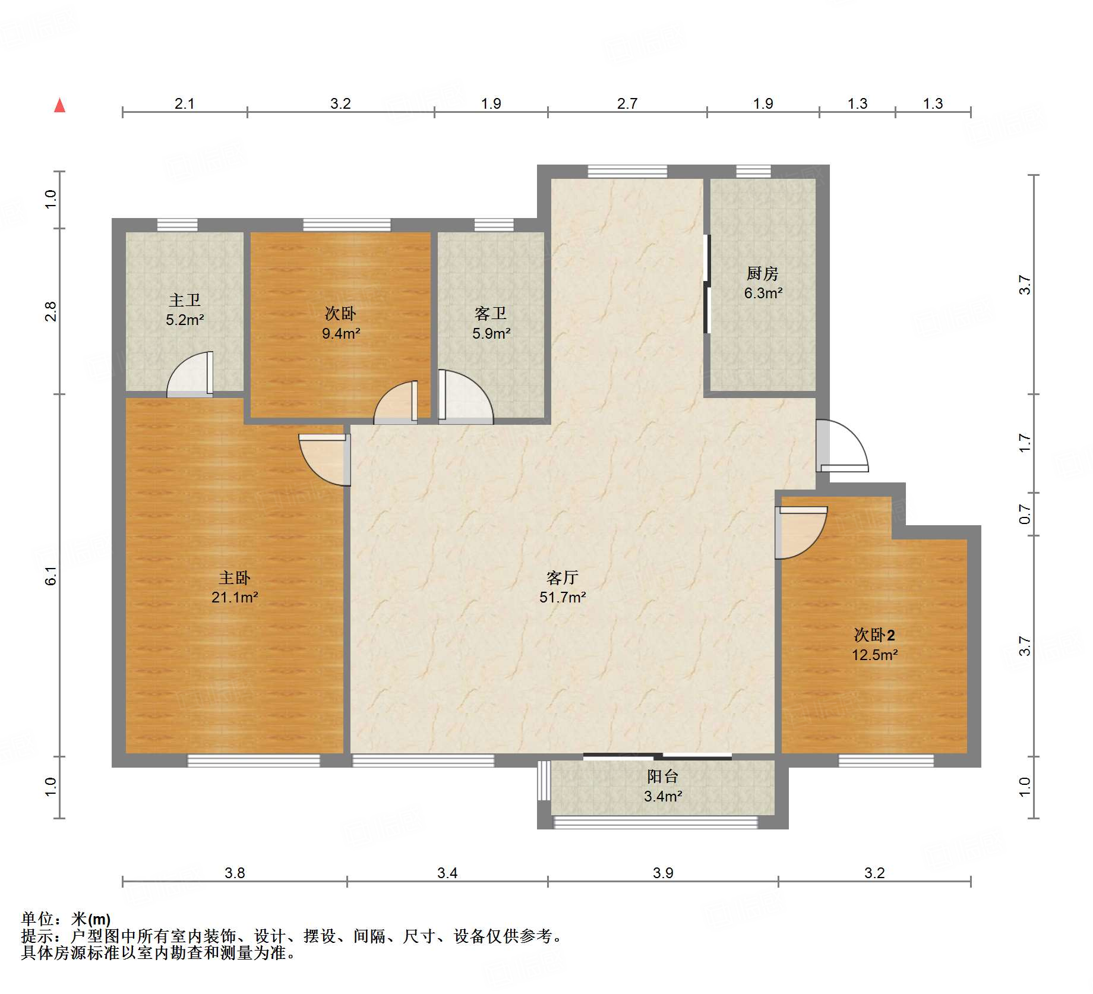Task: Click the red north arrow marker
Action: (59, 105)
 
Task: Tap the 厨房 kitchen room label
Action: (762, 273)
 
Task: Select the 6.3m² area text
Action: (763, 293)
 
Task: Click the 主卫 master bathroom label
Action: (184, 300)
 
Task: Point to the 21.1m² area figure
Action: (235, 597)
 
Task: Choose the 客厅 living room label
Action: (562, 577)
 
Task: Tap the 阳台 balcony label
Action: (662, 776)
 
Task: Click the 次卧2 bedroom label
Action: (874, 635)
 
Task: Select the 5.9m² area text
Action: (491, 333)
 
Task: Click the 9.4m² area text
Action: (341, 333)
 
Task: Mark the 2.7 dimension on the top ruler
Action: (627, 104)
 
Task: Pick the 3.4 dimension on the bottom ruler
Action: (447, 873)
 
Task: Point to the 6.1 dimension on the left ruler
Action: (51, 576)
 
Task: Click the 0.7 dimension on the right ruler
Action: (1025, 514)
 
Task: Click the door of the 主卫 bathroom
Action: (189, 374)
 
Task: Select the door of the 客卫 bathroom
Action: (466, 396)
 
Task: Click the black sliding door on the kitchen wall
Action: (707, 284)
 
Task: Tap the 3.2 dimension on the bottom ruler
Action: (874, 873)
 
